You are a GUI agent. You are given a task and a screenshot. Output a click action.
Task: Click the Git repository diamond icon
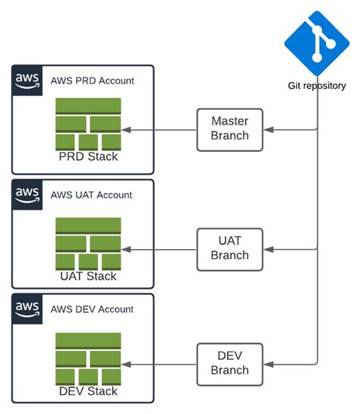[x=317, y=43]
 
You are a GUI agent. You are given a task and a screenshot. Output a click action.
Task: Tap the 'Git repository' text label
[x=317, y=86]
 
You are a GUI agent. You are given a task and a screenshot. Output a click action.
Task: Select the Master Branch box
[x=229, y=128]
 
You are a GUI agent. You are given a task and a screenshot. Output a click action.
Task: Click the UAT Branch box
[x=229, y=248]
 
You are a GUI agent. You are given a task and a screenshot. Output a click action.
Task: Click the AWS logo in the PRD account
[x=27, y=81]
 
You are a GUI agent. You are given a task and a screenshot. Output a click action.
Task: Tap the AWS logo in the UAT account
[x=27, y=194]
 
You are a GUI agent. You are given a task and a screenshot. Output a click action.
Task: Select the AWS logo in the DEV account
[x=27, y=308]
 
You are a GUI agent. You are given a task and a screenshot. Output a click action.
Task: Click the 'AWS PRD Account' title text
[x=92, y=81]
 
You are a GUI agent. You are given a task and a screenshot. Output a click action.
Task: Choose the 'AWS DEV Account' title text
[x=92, y=309]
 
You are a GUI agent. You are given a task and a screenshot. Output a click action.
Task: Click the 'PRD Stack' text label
[x=88, y=156]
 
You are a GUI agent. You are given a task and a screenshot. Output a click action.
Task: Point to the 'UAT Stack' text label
[x=88, y=276]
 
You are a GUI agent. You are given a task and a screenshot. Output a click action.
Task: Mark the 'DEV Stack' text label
[x=88, y=390]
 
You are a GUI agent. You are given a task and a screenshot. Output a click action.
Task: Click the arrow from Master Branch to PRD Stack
[x=159, y=130]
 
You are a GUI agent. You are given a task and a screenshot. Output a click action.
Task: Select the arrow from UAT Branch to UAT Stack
[x=159, y=248]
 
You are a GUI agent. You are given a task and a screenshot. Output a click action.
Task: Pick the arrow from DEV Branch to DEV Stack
[x=159, y=364]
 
